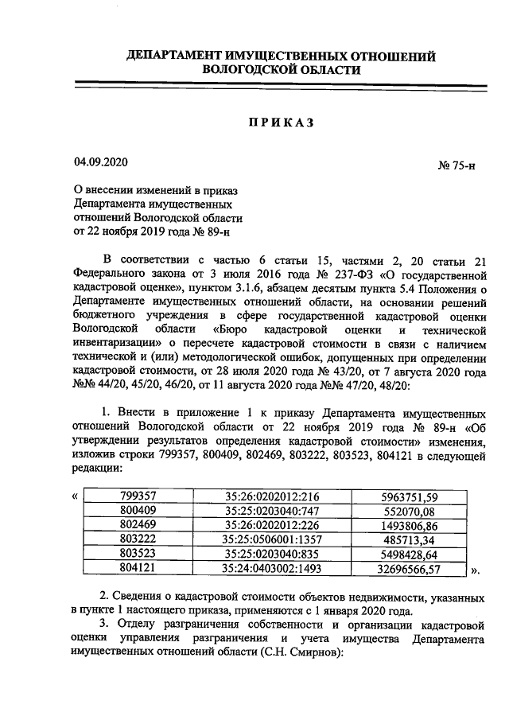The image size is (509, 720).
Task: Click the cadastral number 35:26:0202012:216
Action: click(x=271, y=497)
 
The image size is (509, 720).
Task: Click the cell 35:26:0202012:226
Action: click(x=271, y=526)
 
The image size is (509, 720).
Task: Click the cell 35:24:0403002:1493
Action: click(x=271, y=569)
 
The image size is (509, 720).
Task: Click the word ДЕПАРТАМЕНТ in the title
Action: click(x=176, y=56)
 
